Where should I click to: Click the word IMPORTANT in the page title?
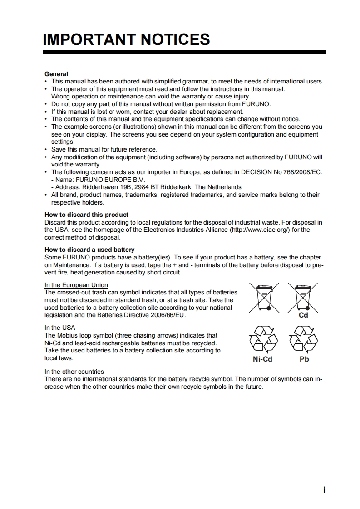click(89, 39)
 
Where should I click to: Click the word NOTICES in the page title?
click(175, 39)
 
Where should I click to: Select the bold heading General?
click(56, 74)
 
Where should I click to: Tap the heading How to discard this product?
click(86, 215)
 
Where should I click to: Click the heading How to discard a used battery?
click(89, 250)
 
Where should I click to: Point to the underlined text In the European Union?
click(76, 285)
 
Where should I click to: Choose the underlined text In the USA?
click(60, 328)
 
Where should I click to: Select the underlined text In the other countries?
click(74, 372)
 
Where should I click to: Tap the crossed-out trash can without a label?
click(264, 297)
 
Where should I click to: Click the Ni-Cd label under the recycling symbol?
click(262, 359)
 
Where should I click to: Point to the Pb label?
click(304, 359)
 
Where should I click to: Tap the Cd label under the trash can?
click(303, 315)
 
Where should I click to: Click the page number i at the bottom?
click(324, 490)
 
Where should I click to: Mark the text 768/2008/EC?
click(303, 172)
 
